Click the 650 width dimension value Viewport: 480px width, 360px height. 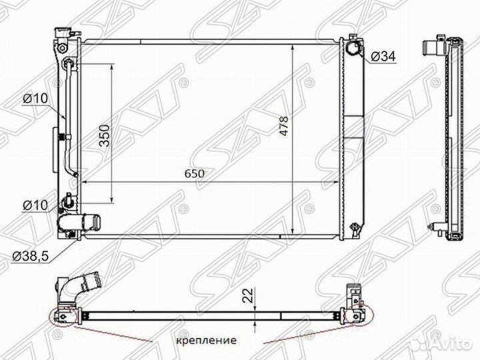pos(194,173)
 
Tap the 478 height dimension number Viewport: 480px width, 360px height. pos(284,126)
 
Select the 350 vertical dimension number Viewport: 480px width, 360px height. pos(105,135)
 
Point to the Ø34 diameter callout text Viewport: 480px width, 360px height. pos(383,56)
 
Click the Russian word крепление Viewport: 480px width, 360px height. pos(206,340)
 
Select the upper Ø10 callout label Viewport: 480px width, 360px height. pos(35,98)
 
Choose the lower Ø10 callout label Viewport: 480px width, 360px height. pos(35,205)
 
